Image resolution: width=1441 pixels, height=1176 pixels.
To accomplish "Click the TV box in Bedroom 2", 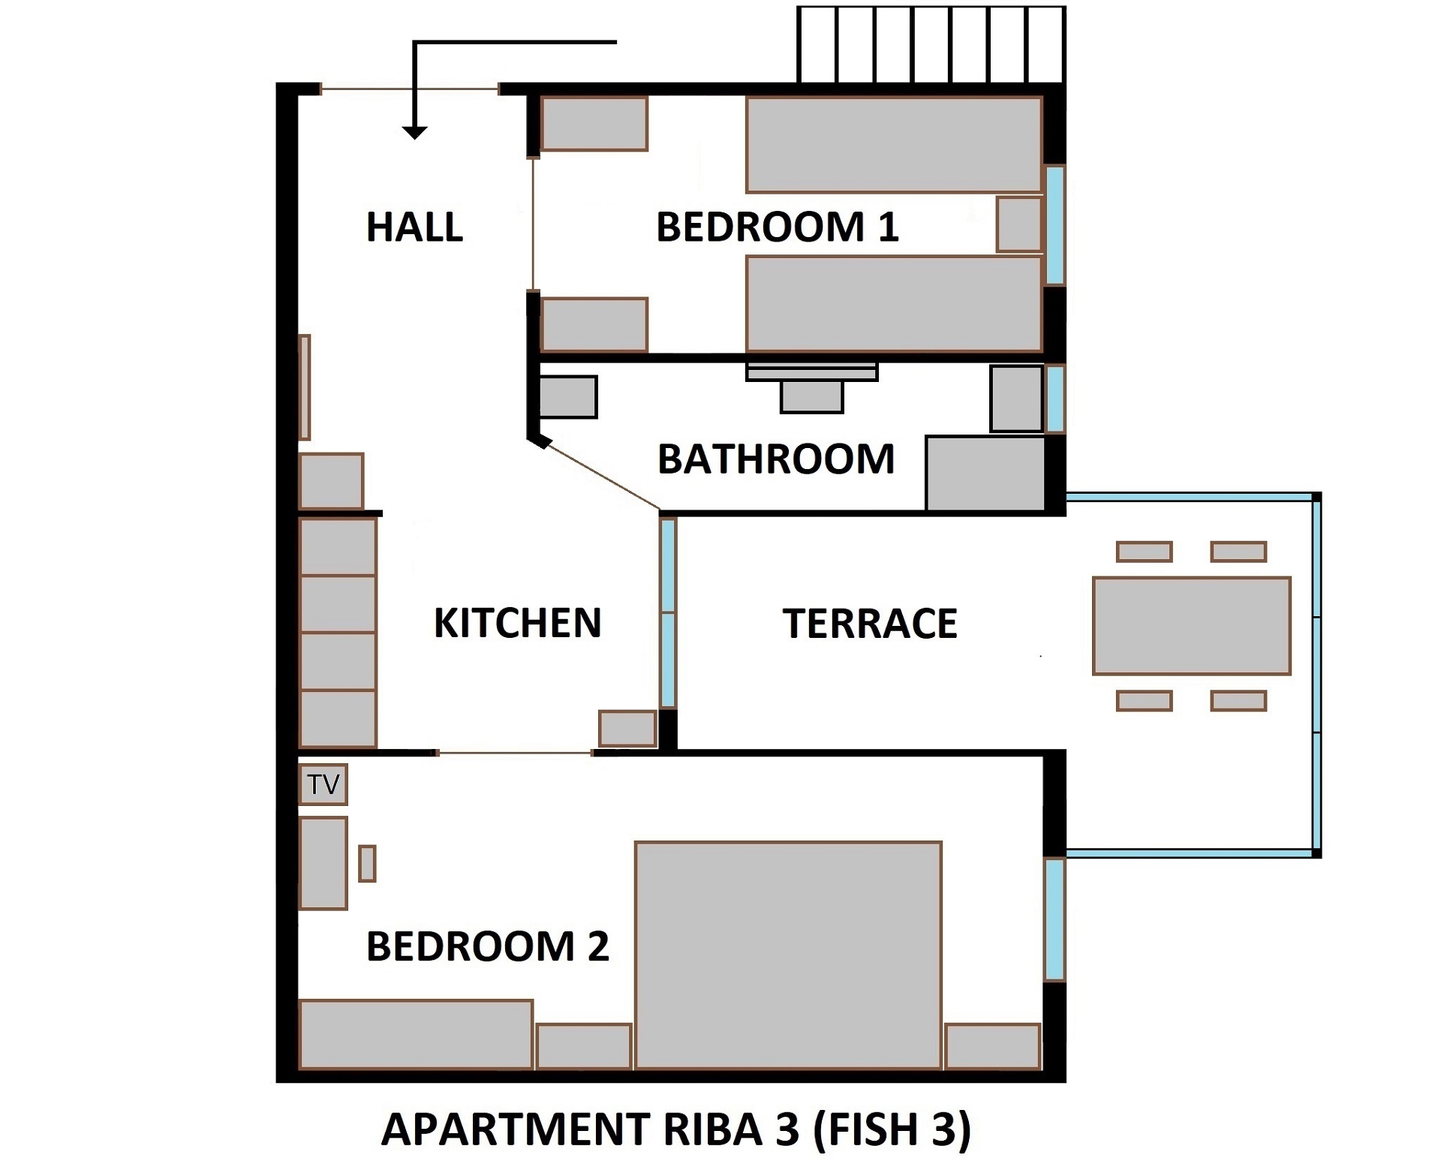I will (x=323, y=784).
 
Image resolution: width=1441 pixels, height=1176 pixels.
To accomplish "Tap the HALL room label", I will (x=414, y=227).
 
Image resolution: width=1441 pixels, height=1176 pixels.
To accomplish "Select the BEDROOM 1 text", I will (x=777, y=227).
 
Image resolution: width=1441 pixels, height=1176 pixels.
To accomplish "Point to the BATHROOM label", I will (x=775, y=459).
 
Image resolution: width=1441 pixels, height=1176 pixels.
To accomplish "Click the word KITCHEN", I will (x=517, y=623).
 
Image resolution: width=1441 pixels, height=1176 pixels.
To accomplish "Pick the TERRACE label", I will (x=869, y=623).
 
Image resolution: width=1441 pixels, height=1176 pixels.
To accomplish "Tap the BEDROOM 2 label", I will (x=487, y=946).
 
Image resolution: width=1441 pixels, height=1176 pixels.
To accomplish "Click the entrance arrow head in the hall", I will (x=414, y=133).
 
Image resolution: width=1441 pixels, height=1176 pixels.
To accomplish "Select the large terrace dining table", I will (x=1191, y=626).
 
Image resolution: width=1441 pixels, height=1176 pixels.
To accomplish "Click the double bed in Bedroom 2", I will (x=788, y=955).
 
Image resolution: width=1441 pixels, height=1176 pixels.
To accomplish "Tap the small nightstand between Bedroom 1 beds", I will (x=1018, y=224).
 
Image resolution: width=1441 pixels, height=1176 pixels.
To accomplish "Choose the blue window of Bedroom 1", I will (x=1054, y=225).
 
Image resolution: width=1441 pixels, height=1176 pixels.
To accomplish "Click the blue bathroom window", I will (x=1054, y=399).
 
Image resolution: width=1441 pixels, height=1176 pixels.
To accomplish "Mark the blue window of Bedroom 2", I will (x=1054, y=919).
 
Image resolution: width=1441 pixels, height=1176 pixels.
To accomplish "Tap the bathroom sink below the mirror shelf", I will (x=811, y=396).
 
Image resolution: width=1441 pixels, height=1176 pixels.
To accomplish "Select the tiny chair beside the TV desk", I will (x=367, y=863).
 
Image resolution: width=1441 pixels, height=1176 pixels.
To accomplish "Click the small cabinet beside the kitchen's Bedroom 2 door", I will (x=627, y=728).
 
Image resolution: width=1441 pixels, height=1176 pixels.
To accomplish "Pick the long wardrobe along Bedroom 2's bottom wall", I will (x=415, y=1034).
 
